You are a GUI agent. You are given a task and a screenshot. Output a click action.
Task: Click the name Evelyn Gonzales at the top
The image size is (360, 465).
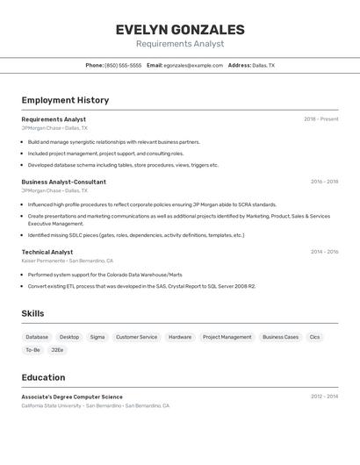[180, 30]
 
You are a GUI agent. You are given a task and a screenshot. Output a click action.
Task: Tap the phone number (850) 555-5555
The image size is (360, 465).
[123, 65]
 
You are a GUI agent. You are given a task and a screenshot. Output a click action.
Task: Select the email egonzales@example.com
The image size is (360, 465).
[193, 65]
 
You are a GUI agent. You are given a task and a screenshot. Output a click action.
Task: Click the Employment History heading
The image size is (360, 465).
[65, 100]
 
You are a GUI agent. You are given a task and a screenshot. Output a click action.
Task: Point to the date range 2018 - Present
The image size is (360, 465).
[320, 119]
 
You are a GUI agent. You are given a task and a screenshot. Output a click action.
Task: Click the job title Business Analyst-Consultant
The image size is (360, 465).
[63, 182]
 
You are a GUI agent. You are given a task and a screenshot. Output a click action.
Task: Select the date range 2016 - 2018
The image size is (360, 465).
[324, 182]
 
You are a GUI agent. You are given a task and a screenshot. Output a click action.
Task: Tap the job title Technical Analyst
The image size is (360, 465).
[47, 252]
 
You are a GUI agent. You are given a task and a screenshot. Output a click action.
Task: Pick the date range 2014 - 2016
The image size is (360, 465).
[324, 252]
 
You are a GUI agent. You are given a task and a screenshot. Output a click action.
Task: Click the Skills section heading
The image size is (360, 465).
[32, 313]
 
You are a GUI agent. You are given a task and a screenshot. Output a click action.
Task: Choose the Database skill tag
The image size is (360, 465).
[37, 337]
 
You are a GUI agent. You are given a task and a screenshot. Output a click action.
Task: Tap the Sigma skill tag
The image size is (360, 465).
[97, 337]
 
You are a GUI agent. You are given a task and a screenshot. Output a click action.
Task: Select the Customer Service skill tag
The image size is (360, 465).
[136, 337]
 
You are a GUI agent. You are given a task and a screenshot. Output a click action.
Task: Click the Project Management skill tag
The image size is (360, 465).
[227, 337]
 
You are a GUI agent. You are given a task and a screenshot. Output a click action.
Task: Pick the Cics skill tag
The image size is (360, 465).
[314, 337]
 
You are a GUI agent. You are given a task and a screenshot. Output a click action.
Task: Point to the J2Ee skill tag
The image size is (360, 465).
[57, 350]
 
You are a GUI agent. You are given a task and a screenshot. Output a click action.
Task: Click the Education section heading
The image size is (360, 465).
[43, 377]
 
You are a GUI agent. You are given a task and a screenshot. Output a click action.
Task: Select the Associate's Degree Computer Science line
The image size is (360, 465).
[72, 397]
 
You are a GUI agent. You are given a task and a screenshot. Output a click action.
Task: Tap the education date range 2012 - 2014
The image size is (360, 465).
[324, 397]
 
